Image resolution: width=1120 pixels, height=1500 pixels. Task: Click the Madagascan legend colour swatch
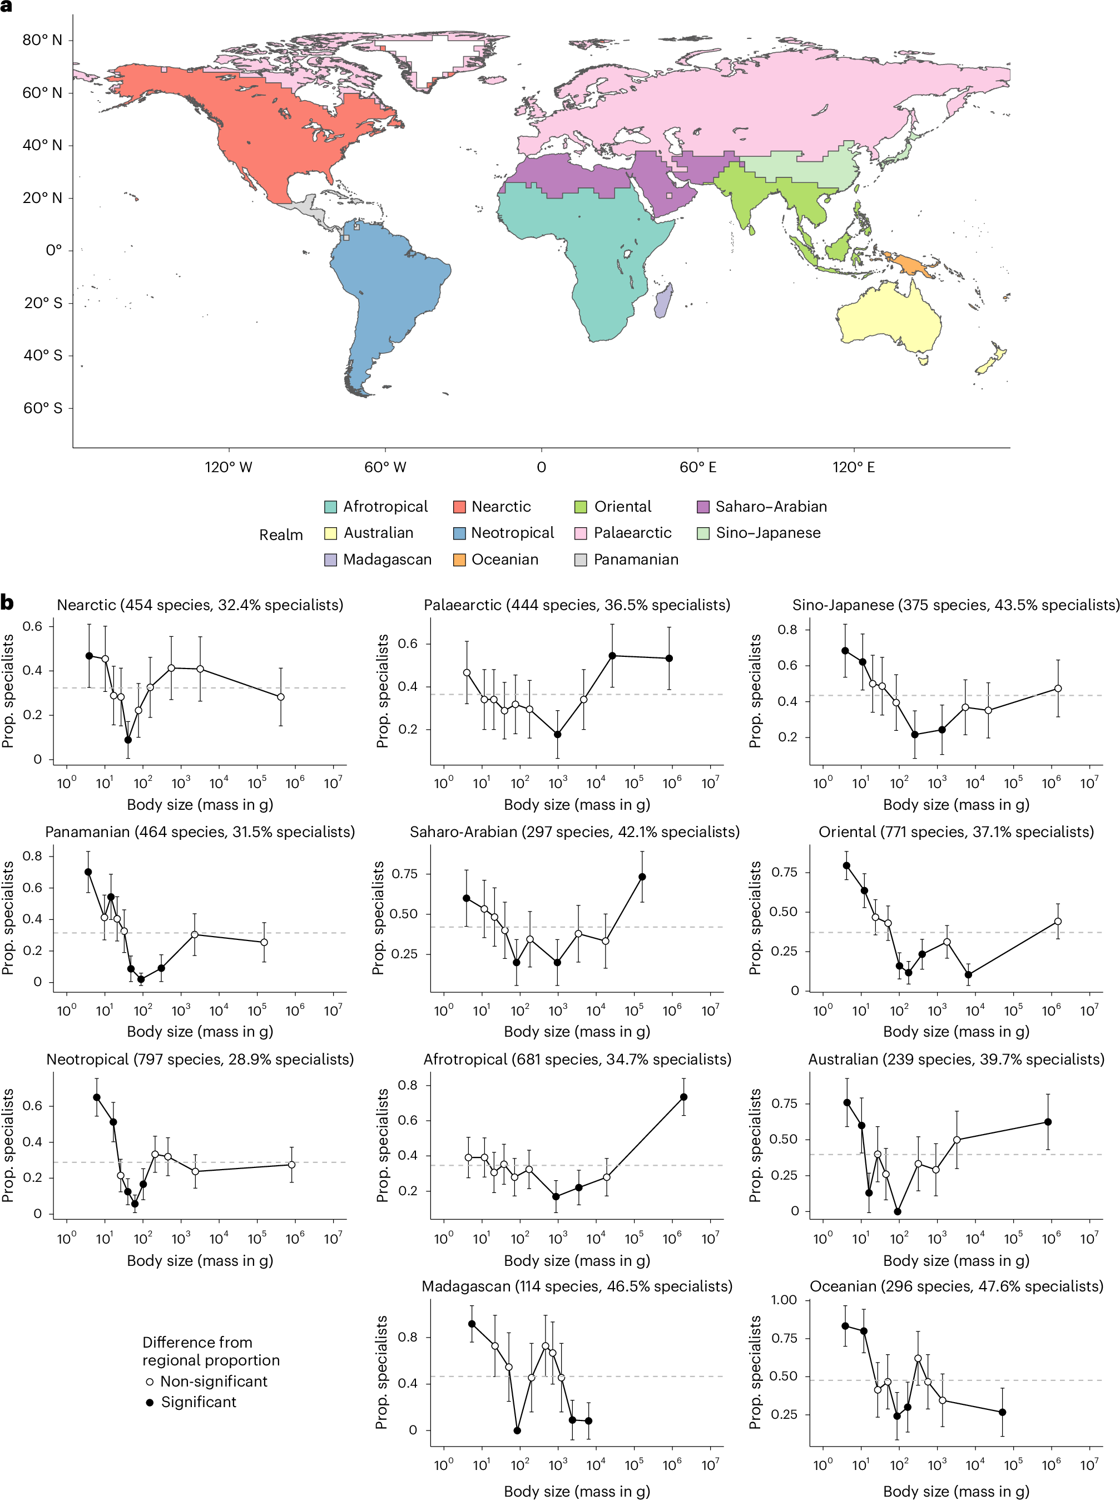click(x=330, y=560)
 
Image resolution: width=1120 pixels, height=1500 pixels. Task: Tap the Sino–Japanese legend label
click(x=767, y=533)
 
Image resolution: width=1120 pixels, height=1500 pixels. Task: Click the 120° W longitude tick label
click(x=229, y=467)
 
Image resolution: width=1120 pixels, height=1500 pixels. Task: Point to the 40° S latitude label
click(x=43, y=355)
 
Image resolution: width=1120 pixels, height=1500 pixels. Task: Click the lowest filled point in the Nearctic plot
click(x=128, y=740)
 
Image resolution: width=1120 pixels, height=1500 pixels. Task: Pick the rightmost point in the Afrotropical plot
click(x=683, y=1097)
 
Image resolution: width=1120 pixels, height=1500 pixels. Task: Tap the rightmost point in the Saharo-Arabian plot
click(x=642, y=877)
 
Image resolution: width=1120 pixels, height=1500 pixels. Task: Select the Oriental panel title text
click(x=956, y=832)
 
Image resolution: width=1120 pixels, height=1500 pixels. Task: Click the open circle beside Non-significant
click(x=150, y=1382)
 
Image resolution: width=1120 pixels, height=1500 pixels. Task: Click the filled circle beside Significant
click(x=150, y=1402)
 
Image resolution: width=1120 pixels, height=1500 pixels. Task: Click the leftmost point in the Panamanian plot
click(x=88, y=872)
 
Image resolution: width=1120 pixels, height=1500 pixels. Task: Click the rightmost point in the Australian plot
click(x=1048, y=1122)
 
